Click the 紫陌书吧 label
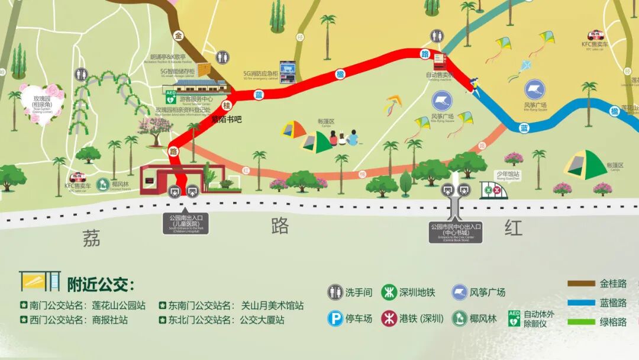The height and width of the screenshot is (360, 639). pos(227,119)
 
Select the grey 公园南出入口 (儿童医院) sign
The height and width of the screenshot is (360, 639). pos(183,224)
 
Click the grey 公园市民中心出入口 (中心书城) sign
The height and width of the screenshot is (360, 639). pos(456,232)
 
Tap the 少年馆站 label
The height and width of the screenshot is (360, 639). pos(507,174)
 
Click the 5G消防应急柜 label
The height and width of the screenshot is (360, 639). pos(260,75)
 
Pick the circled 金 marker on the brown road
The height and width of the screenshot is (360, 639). pos(179,36)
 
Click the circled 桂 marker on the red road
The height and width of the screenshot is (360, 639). pos(226,105)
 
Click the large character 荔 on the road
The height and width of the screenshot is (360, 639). pos(91,239)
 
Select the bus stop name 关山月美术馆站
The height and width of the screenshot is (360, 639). pos(272,306)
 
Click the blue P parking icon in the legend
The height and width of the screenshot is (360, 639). pos(335,319)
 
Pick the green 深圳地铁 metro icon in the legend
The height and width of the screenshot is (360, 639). pos(389,292)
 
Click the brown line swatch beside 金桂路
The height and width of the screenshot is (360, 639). pos(581,284)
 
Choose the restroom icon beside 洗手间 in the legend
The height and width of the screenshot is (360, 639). pos(335,292)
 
